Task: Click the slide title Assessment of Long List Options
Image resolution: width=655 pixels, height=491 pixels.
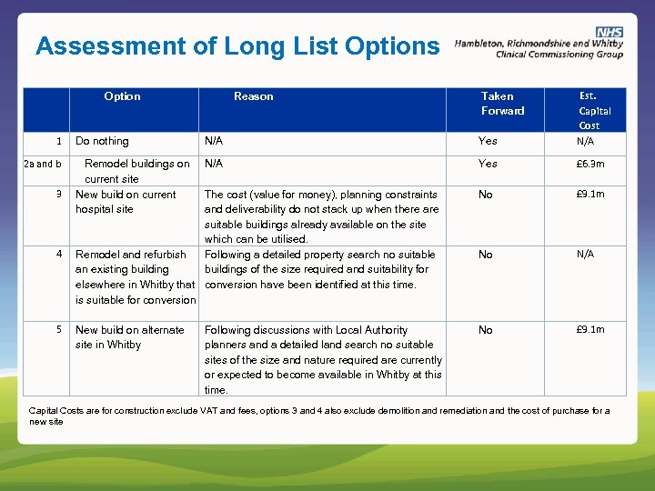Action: (x=237, y=45)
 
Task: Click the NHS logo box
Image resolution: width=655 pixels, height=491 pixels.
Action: (x=610, y=32)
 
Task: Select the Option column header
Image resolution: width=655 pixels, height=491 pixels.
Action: (x=122, y=95)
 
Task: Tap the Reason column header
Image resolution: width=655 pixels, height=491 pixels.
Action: (x=253, y=95)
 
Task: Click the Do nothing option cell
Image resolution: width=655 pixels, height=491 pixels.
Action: (x=102, y=141)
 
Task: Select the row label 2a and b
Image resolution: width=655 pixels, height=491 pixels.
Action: (x=43, y=164)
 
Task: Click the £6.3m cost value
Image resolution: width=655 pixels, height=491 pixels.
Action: (x=589, y=164)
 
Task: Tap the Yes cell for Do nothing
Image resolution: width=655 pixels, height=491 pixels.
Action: (x=488, y=141)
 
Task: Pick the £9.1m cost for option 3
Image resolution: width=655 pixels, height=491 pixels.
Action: (x=589, y=194)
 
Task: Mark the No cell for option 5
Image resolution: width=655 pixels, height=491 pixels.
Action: (x=486, y=330)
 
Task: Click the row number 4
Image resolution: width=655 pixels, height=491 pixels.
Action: (x=58, y=255)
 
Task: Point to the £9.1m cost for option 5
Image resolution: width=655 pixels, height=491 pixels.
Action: (x=589, y=329)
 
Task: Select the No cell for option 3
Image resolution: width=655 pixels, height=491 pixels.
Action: (x=486, y=195)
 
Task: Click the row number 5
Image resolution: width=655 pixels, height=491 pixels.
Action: (x=58, y=330)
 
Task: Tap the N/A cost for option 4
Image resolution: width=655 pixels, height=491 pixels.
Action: (x=585, y=255)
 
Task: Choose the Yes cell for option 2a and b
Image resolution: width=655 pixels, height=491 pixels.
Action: (x=488, y=164)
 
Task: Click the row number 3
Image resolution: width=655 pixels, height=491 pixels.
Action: (x=58, y=194)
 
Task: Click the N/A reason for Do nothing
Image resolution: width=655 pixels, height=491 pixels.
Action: (x=214, y=141)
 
